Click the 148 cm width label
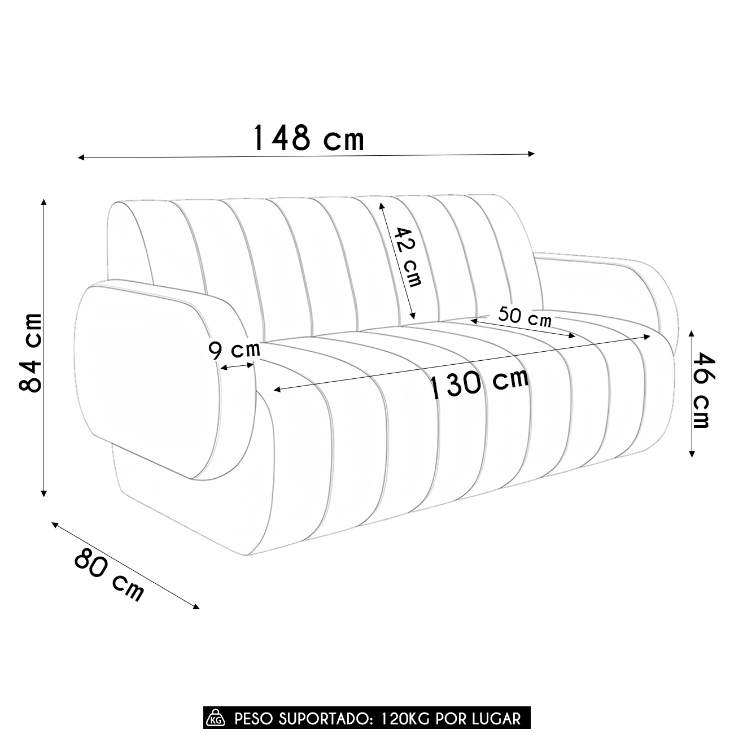[308, 138]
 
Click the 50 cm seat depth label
[525, 316]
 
